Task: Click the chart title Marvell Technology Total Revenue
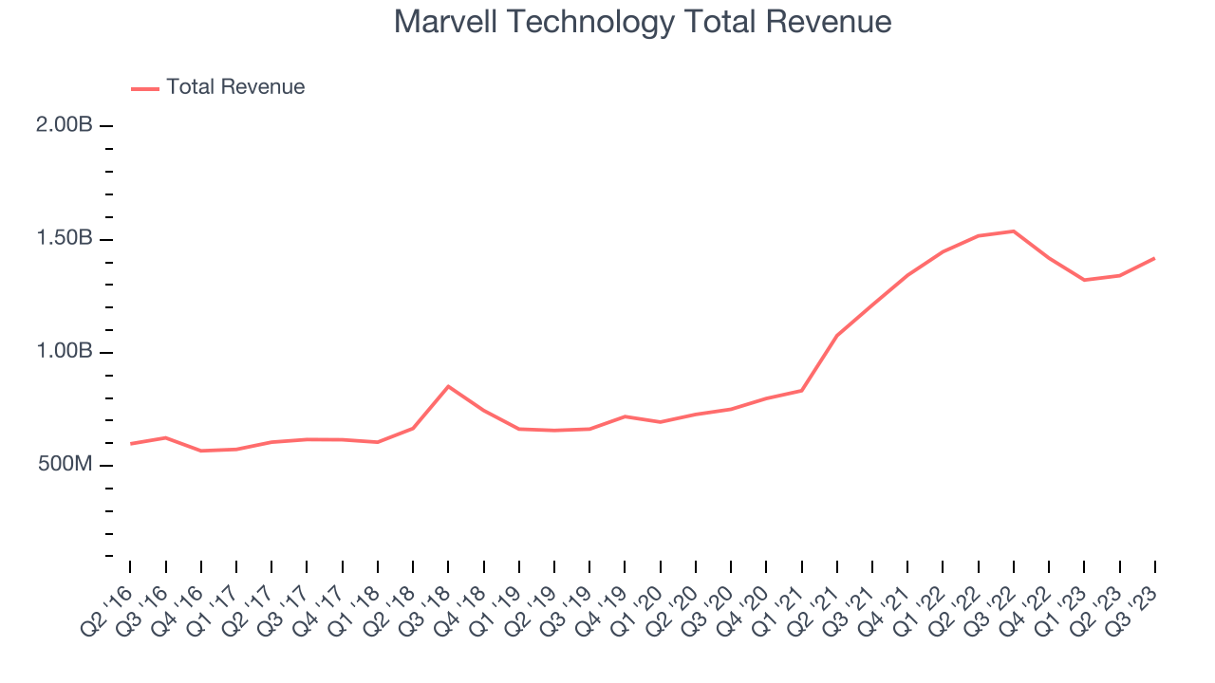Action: pyautogui.click(x=643, y=22)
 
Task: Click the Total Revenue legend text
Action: pyautogui.click(x=235, y=87)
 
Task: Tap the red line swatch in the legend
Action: pyautogui.click(x=145, y=88)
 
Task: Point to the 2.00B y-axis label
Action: pyautogui.click(x=65, y=125)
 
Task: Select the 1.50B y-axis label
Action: pyautogui.click(x=65, y=238)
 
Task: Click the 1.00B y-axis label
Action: pyautogui.click(x=65, y=352)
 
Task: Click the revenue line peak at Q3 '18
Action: pyautogui.click(x=448, y=386)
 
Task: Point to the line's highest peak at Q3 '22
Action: pyautogui.click(x=1014, y=231)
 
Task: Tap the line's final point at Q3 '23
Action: pyautogui.click(x=1154, y=258)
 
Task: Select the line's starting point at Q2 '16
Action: pyautogui.click(x=130, y=443)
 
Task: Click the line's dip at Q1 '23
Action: pyautogui.click(x=1084, y=280)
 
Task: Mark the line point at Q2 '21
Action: pyautogui.click(x=837, y=335)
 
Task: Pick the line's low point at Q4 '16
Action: pyautogui.click(x=201, y=451)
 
